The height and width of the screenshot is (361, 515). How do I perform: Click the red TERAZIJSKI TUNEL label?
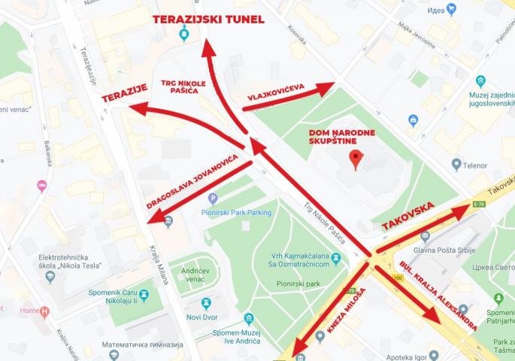pyautogui.click(x=208, y=19)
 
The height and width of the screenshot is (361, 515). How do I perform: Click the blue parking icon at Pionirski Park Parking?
pyautogui.click(x=213, y=199)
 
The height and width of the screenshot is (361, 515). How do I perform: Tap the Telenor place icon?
pyautogui.click(x=456, y=163)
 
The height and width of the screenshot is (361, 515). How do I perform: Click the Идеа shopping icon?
pyautogui.click(x=451, y=9)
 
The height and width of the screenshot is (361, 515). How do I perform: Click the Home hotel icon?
pyautogui.click(x=45, y=311)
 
